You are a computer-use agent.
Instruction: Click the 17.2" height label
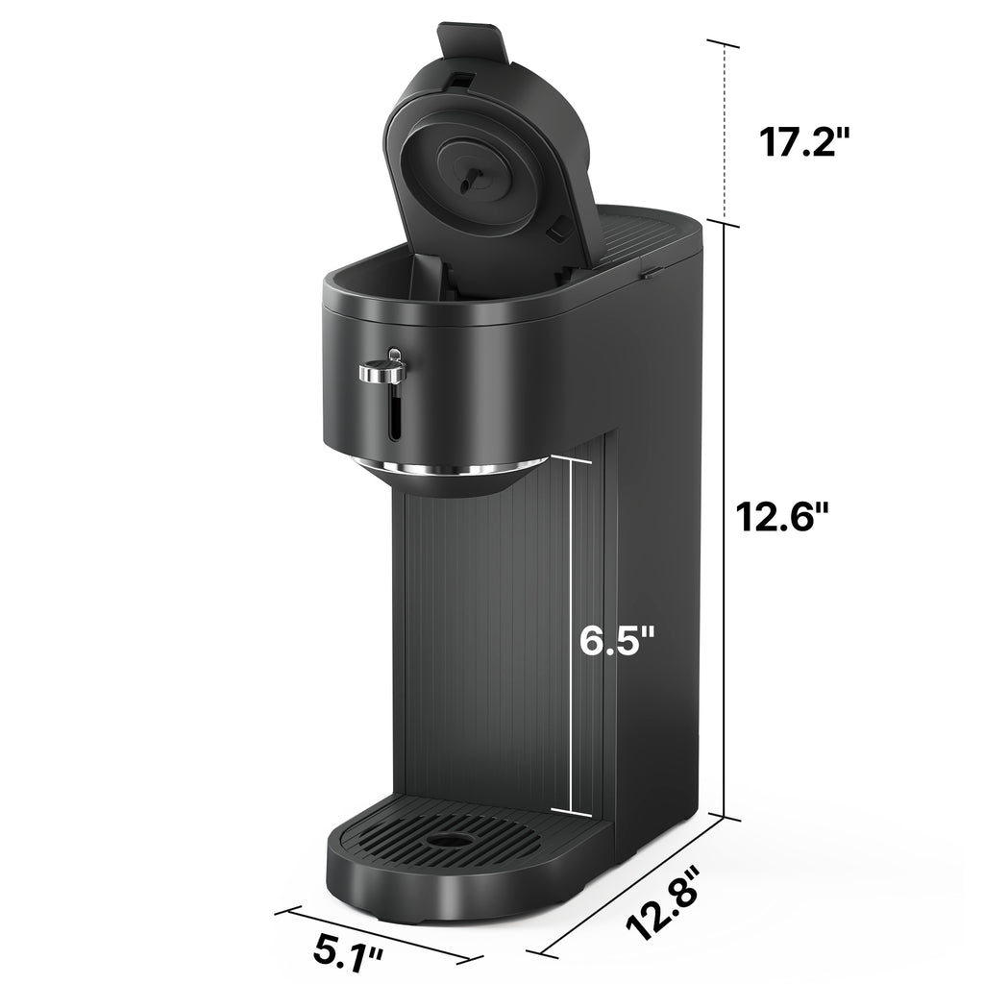click(x=804, y=142)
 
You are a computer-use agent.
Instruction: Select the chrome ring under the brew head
click(x=447, y=470)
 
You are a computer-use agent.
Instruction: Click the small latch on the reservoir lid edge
click(x=650, y=273)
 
